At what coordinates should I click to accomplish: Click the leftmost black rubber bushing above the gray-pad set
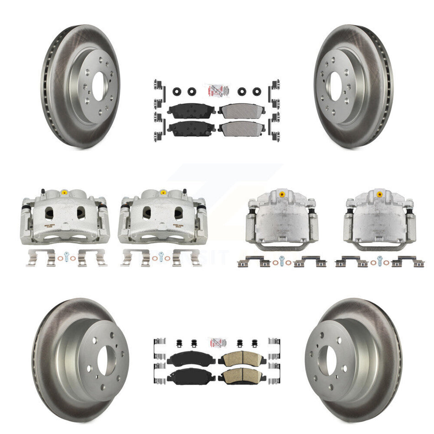pos(175,91)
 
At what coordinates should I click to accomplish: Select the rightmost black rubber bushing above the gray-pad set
pos(257,91)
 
